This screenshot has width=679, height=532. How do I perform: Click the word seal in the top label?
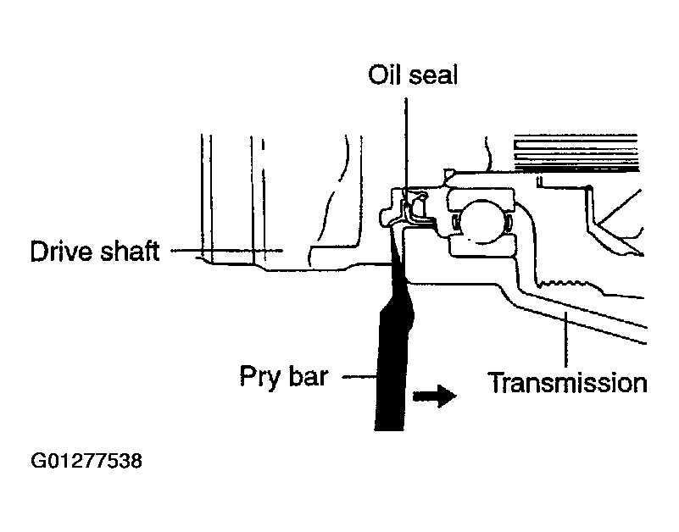click(x=433, y=75)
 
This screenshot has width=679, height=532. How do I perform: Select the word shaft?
click(x=129, y=251)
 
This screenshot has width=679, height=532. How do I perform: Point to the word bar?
click(x=309, y=376)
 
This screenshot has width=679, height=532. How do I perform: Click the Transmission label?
click(x=567, y=383)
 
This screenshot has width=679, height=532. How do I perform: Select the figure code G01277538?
click(x=86, y=461)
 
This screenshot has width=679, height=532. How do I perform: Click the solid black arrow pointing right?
click(x=434, y=396)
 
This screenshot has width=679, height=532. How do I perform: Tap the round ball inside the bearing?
click(x=480, y=221)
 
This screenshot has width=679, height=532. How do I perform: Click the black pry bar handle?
click(x=391, y=368)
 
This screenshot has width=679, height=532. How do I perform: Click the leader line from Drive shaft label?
click(x=226, y=250)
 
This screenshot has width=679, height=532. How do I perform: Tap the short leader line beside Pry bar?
click(x=359, y=377)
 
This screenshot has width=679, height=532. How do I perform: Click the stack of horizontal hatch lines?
click(x=576, y=152)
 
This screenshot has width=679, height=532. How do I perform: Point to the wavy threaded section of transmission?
click(x=563, y=284)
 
